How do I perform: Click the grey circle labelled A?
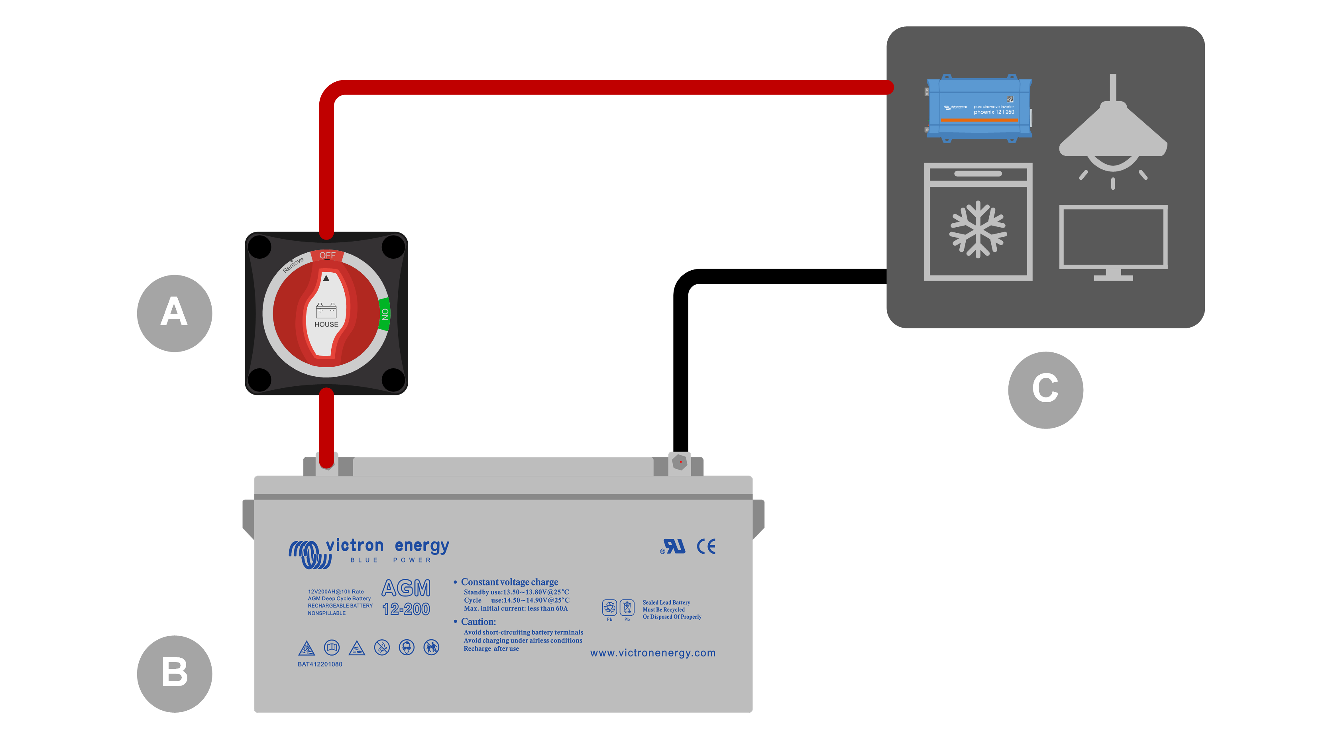174,313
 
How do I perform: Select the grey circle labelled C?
1045,390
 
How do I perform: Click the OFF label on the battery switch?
327,256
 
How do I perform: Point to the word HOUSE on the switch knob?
326,324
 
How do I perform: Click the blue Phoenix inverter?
979,108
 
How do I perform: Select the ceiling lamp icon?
1113,130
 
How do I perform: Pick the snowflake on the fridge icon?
978,229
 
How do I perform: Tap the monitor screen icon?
1113,237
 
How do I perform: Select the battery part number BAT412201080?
320,664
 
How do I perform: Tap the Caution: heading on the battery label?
478,622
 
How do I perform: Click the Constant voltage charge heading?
509,582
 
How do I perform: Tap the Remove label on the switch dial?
293,265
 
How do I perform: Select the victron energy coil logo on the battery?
310,554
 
